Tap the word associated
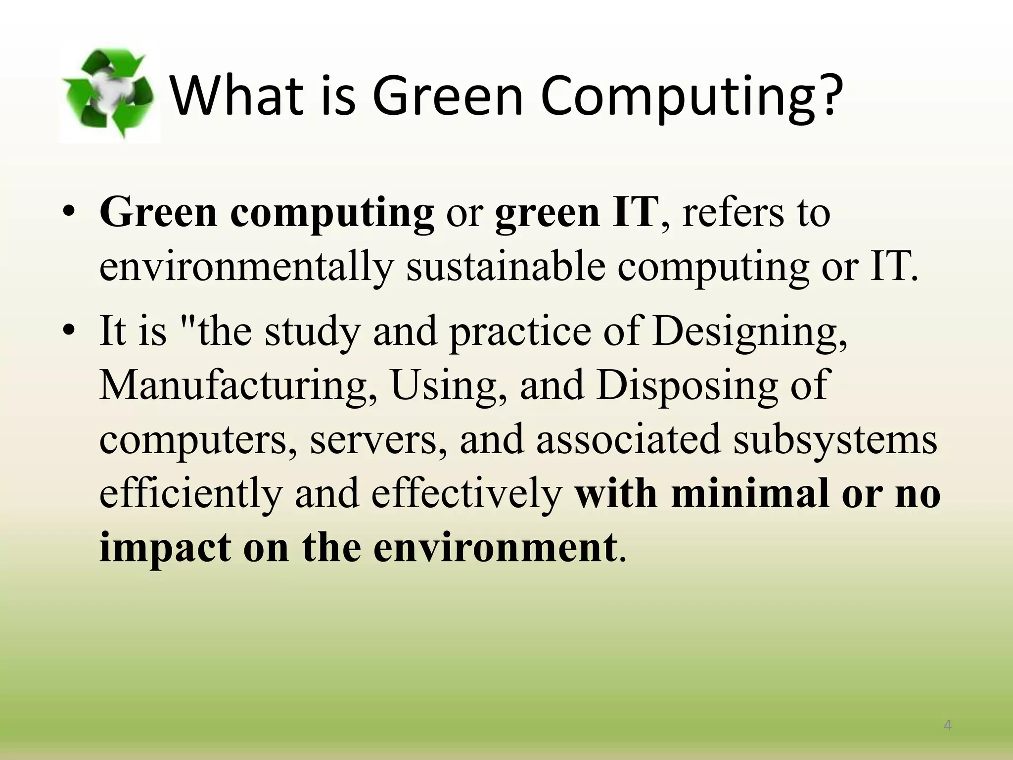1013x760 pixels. click(x=628, y=439)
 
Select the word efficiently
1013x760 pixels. click(x=190, y=494)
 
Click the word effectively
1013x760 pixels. click(x=467, y=494)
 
